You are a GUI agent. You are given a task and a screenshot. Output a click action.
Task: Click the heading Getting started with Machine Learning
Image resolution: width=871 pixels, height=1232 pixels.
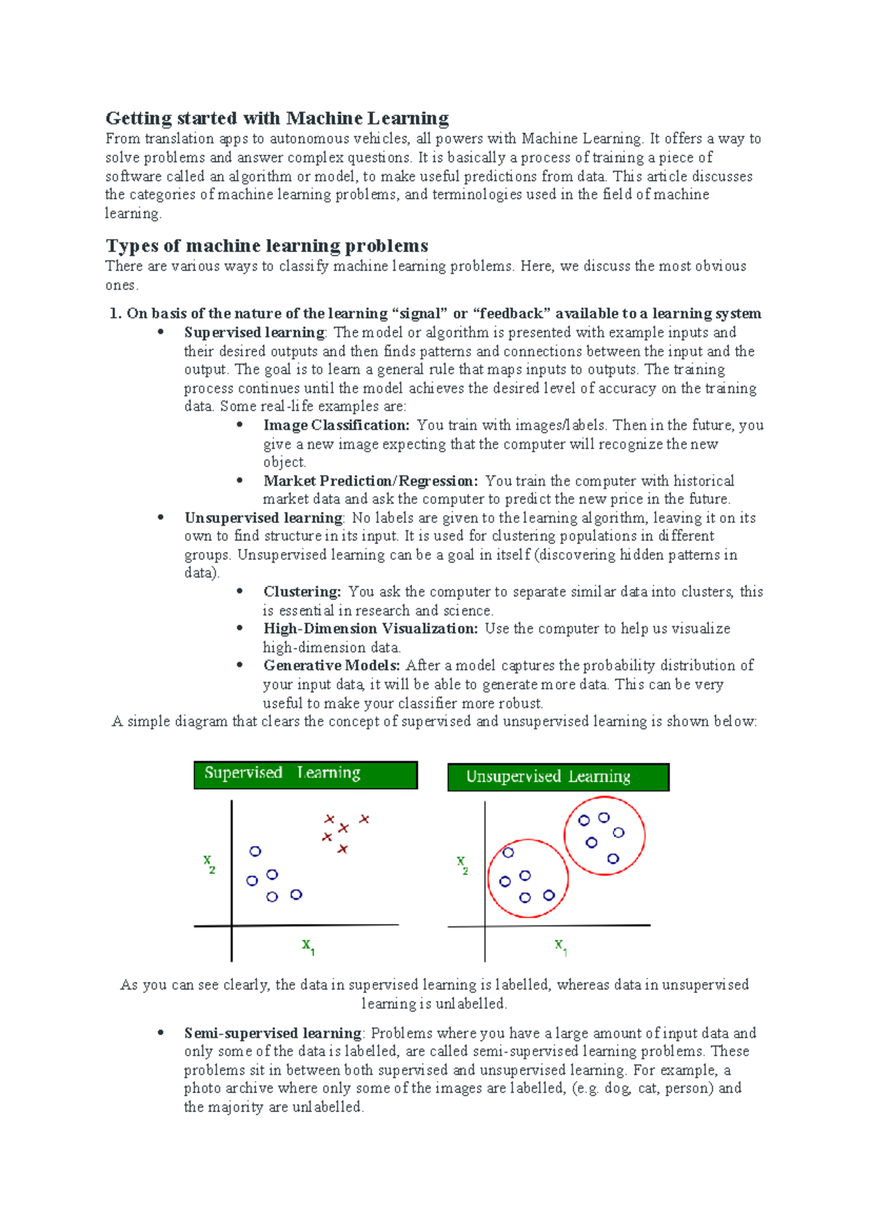pyautogui.click(x=277, y=118)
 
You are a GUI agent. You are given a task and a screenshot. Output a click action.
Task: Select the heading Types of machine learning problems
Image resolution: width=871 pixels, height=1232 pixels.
pyautogui.click(x=266, y=246)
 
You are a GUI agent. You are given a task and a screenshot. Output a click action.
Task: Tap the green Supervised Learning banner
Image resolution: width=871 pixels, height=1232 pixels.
pyautogui.click(x=305, y=774)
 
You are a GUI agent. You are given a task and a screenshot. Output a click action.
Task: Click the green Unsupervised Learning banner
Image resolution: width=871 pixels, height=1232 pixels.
pyautogui.click(x=557, y=777)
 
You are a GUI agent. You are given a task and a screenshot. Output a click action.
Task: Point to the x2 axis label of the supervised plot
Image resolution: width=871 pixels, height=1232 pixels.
pyautogui.click(x=209, y=864)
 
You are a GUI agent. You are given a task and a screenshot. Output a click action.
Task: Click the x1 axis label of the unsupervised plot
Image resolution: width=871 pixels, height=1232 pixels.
pyautogui.click(x=560, y=947)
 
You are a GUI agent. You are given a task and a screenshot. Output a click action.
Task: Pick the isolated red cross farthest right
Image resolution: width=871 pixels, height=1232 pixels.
pyautogui.click(x=364, y=819)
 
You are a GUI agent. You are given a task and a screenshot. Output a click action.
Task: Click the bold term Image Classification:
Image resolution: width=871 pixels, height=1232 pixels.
pyautogui.click(x=336, y=425)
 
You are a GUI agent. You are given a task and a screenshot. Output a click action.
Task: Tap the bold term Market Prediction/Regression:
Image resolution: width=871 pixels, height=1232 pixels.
pyautogui.click(x=370, y=481)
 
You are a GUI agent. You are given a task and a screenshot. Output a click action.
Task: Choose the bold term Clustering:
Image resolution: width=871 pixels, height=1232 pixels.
pyautogui.click(x=302, y=591)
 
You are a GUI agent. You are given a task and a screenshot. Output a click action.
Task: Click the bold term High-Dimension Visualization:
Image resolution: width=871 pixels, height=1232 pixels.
pyautogui.click(x=370, y=628)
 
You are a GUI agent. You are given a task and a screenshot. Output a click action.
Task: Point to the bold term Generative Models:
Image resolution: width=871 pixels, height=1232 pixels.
pyautogui.click(x=331, y=665)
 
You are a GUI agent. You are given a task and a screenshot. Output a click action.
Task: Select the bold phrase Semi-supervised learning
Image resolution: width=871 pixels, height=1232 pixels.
pyautogui.click(x=272, y=1033)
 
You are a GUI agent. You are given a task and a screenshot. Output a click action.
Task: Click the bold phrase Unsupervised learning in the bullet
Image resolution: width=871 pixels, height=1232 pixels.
pyautogui.click(x=263, y=518)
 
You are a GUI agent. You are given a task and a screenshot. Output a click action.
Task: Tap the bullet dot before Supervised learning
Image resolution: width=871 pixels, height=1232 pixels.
pyautogui.click(x=161, y=333)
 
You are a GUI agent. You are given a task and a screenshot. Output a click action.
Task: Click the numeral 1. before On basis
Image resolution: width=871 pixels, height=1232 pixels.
pyautogui.click(x=115, y=314)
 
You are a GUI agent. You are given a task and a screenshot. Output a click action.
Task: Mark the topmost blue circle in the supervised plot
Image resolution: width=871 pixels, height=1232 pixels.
pyautogui.click(x=255, y=851)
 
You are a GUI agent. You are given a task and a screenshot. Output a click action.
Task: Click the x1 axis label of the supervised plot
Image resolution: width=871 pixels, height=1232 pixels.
pyautogui.click(x=308, y=946)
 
